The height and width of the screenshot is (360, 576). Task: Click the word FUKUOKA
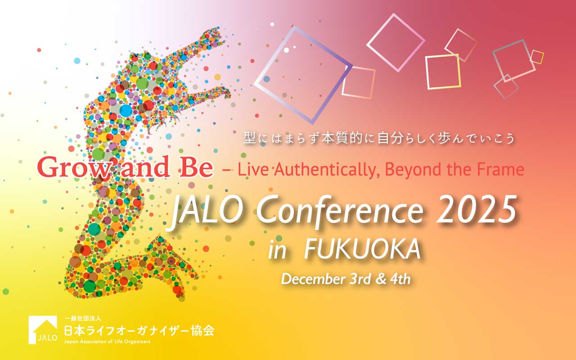[x=362, y=249]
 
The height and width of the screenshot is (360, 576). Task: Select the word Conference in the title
[x=339, y=211]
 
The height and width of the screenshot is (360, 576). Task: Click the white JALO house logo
[x=43, y=330]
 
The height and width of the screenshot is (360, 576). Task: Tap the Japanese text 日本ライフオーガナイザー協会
[x=139, y=331]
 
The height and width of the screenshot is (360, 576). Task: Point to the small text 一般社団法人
[x=82, y=319]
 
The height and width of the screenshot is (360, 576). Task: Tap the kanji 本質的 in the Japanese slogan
[x=345, y=139]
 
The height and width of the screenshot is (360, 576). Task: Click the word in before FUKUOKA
[x=277, y=250]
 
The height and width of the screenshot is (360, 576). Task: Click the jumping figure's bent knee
[x=159, y=242]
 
